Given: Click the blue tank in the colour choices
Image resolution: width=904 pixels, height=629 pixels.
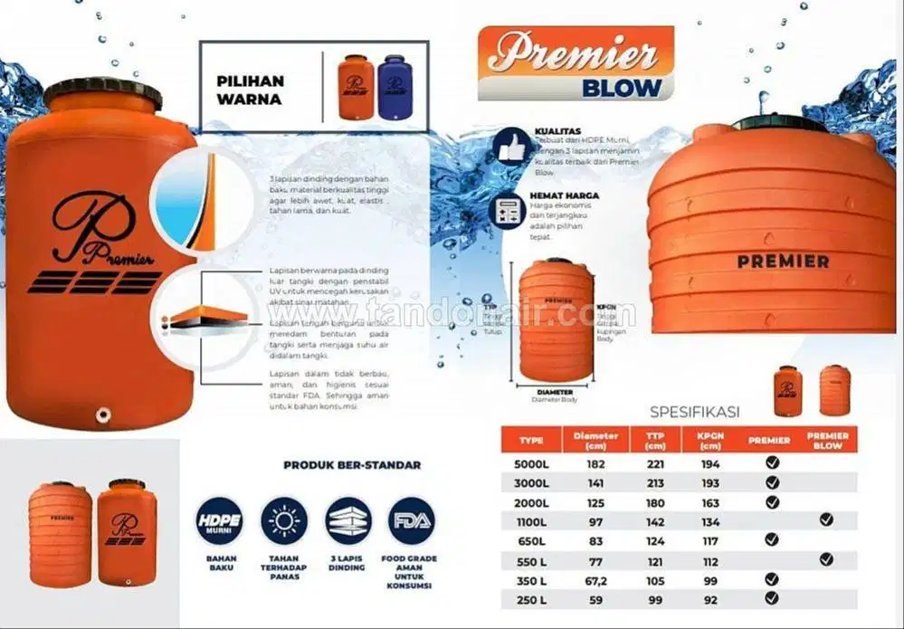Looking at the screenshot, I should (x=395, y=87).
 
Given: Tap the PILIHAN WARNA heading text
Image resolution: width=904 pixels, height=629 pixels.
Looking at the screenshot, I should (x=250, y=90).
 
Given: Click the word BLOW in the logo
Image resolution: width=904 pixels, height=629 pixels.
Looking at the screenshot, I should (x=622, y=88).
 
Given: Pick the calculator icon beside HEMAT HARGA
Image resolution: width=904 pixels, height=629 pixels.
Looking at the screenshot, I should (x=507, y=209).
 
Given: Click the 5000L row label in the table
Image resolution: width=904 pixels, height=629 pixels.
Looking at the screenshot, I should (x=531, y=463).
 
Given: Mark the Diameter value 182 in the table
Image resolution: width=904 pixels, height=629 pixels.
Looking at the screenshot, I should (x=596, y=463).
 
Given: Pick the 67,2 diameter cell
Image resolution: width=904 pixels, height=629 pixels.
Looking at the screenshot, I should (x=596, y=579).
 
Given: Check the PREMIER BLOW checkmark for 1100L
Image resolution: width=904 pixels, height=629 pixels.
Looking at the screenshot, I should (x=826, y=519).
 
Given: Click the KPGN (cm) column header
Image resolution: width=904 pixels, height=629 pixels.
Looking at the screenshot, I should (x=709, y=440).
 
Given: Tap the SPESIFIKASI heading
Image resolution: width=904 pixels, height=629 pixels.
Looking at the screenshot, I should (x=695, y=412).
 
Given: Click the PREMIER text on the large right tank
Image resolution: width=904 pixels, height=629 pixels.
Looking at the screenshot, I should (x=783, y=262).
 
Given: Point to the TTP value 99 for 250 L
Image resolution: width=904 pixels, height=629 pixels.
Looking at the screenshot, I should (x=655, y=598).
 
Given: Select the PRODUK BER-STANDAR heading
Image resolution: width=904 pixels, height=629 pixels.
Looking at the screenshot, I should (x=352, y=465).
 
